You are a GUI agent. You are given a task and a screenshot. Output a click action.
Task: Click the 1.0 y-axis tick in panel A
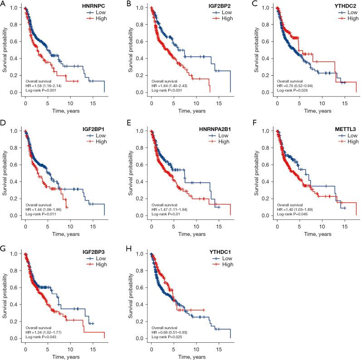coord(14,8)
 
